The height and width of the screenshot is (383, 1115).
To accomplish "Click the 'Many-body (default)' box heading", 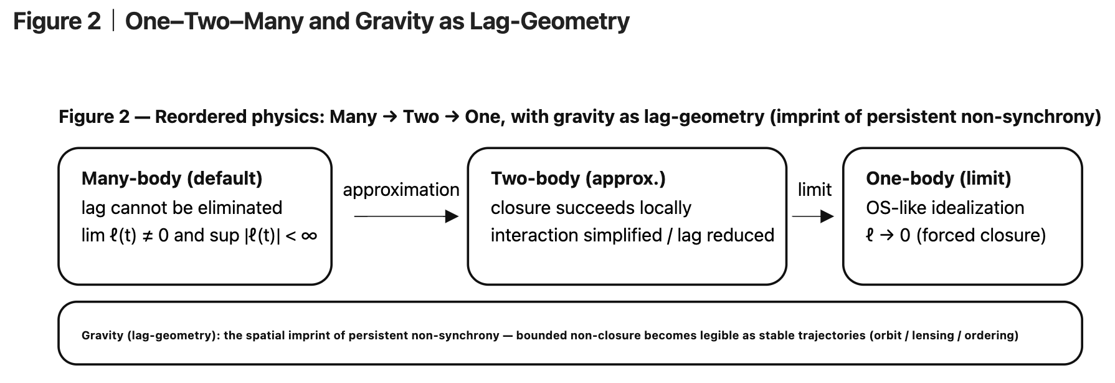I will pos(171,178).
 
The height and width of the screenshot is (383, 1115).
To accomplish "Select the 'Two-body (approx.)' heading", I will pos(577,178).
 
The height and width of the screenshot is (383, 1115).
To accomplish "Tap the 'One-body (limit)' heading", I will pos(938,178).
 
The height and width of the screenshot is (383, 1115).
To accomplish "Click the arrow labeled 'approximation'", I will pos(406,216).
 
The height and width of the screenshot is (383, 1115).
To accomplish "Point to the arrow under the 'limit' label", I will pos(813,216).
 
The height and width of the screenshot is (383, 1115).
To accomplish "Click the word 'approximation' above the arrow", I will pos(401,190).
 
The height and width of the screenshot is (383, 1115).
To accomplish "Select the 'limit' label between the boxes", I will pos(814,190).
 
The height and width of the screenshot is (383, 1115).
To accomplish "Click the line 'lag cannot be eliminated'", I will pos(181,208).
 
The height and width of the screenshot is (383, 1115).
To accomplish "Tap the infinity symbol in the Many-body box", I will pos(308,236).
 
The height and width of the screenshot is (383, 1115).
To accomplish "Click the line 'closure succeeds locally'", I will pos(591,208).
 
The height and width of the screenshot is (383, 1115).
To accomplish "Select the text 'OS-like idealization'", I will pos(944,208).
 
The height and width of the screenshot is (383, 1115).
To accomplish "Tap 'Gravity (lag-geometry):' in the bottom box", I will pos(150,336).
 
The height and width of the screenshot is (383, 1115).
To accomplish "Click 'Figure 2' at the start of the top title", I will pos(57,22).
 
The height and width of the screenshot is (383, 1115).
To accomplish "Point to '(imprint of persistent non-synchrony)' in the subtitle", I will pos(935,117).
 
